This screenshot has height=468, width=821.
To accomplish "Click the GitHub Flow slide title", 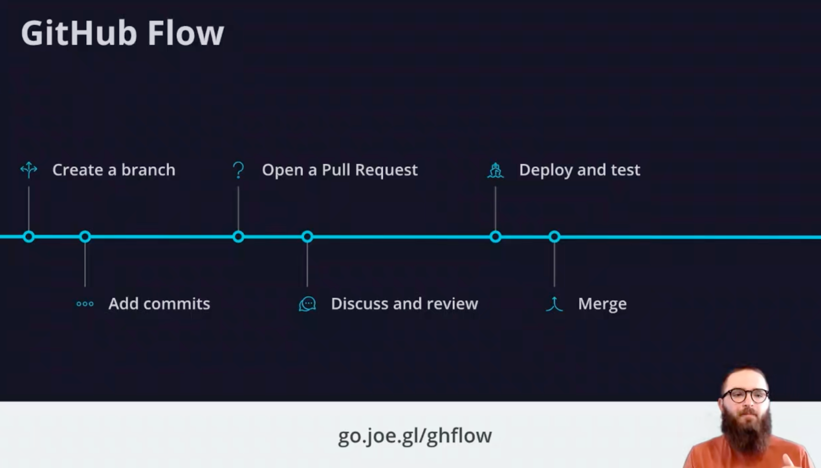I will [x=122, y=33].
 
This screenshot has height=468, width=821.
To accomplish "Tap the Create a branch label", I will [x=113, y=170].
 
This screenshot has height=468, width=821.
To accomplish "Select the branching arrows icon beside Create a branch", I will [x=29, y=169].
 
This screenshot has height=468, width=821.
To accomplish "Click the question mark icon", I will [x=238, y=170].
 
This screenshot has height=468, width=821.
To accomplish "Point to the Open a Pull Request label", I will [x=340, y=170].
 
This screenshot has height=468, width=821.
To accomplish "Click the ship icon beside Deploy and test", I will [x=495, y=170].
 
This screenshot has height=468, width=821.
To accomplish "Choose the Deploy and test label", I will [x=579, y=170].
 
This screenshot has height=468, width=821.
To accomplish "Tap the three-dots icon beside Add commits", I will [x=85, y=304].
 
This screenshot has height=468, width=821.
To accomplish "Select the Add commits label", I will [x=159, y=304].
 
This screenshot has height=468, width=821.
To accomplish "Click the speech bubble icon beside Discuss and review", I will [x=307, y=304].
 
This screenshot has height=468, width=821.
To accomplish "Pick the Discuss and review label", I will [x=404, y=304].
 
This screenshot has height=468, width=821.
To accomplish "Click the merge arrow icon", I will [x=554, y=304].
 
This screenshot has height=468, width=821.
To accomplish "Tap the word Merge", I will [x=602, y=304].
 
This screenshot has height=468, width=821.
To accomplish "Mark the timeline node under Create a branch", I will [x=29, y=237].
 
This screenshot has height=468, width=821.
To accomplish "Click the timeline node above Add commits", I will [x=85, y=237].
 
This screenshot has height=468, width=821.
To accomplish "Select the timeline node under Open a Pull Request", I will [x=238, y=237].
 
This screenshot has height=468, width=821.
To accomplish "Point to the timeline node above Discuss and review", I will [x=307, y=237].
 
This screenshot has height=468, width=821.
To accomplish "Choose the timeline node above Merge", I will [x=554, y=237].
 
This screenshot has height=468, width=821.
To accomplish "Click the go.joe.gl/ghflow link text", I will [x=415, y=436].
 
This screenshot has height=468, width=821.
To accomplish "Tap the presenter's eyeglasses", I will [x=746, y=396].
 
